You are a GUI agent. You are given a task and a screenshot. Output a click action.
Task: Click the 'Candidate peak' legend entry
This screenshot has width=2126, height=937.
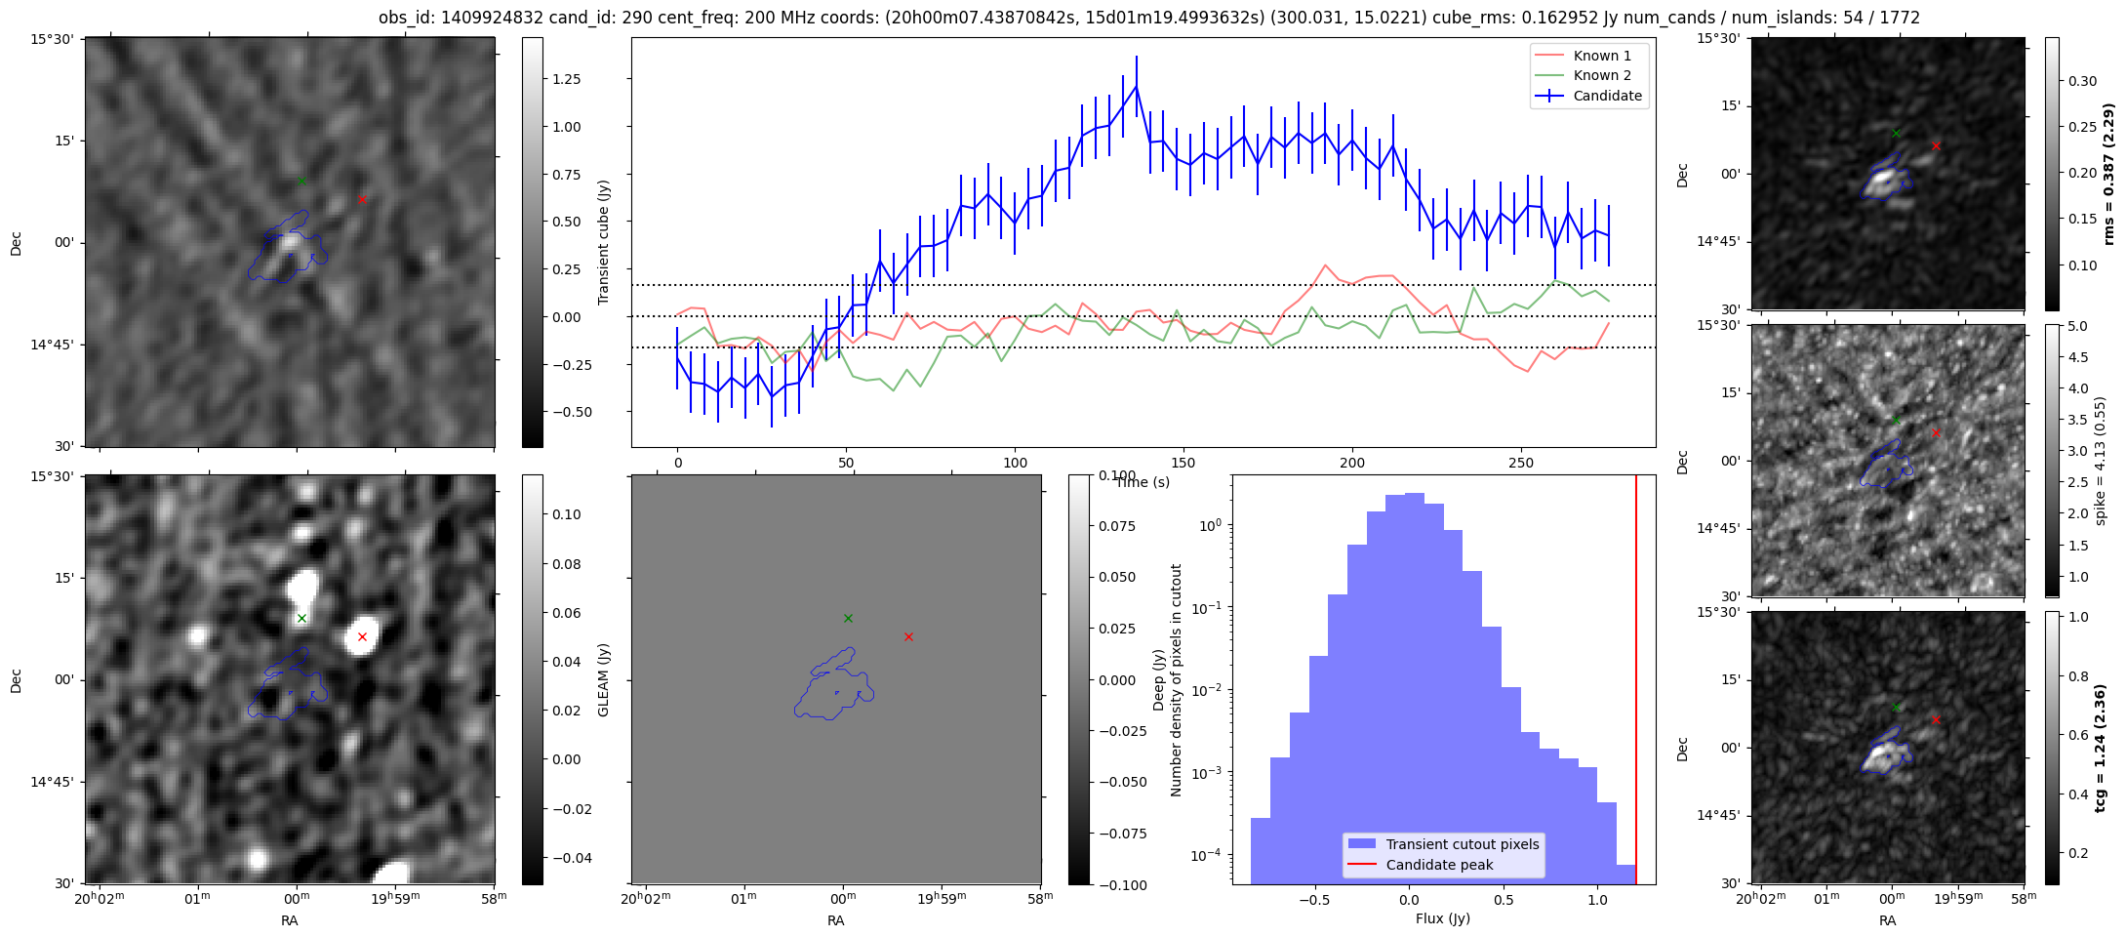(1439, 865)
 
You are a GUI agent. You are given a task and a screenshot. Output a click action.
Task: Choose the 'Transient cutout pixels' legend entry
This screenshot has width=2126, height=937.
(1462, 844)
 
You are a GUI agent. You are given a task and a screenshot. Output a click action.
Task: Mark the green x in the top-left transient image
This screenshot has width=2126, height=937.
(301, 181)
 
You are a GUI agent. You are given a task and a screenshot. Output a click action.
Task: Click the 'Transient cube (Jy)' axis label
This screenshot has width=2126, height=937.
(603, 242)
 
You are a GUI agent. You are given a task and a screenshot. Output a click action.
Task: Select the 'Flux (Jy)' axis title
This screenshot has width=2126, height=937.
(1442, 918)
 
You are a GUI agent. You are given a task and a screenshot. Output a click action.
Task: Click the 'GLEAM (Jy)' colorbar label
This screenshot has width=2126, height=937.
(603, 680)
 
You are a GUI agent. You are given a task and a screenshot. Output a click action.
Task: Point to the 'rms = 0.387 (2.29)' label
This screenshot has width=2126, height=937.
(2107, 174)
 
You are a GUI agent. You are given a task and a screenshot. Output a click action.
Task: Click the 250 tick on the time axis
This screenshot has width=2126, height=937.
(1520, 463)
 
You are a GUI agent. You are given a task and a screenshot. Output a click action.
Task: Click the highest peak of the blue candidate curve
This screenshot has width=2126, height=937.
(1136, 86)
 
